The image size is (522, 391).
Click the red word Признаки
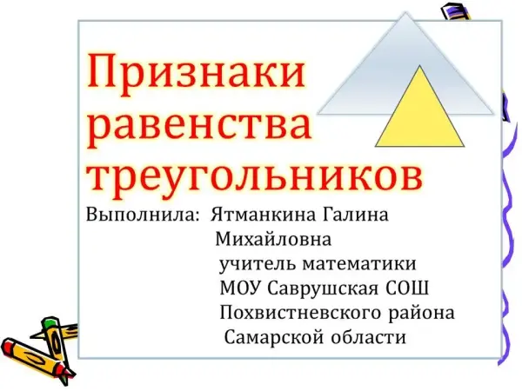tap(196, 73)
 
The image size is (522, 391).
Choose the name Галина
tap(356, 215)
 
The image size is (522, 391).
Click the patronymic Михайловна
tap(273, 239)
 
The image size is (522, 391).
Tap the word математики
tap(359, 264)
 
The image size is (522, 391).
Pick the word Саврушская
tap(323, 288)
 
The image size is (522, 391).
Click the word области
tap(369, 337)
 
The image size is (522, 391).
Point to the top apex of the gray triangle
tap(405, 12)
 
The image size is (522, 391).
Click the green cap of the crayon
tap(50, 322)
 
